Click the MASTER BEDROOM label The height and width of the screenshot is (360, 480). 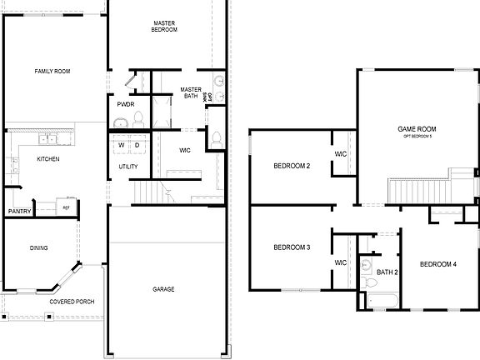click(x=165, y=26)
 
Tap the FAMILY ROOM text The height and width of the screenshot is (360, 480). click(x=52, y=72)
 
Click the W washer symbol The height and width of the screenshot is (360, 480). click(x=122, y=146)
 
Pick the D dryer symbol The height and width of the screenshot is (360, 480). click(x=137, y=146)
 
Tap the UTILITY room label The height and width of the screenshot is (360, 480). click(x=128, y=167)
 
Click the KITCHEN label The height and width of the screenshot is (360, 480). click(x=47, y=158)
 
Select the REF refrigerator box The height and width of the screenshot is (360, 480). click(x=66, y=206)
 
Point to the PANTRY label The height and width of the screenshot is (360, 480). click(x=19, y=212)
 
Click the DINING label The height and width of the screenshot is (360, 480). click(x=38, y=247)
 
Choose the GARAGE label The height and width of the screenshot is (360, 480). click(x=163, y=289)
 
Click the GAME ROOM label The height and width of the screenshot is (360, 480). click(x=417, y=128)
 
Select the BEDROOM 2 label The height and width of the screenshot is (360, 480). click(x=292, y=167)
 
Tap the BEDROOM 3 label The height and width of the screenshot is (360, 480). click(x=292, y=247)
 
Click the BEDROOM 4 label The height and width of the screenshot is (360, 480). click(x=437, y=264)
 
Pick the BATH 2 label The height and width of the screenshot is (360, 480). click(x=387, y=272)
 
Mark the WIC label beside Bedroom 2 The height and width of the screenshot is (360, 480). click(x=341, y=154)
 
